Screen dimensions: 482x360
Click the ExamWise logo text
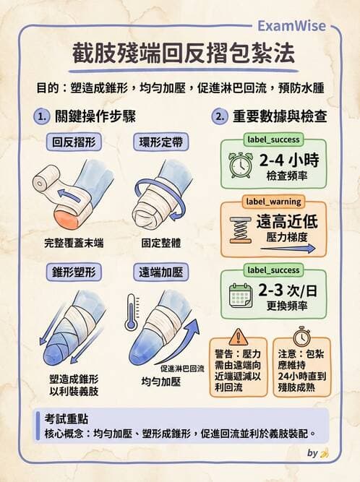point(291,26)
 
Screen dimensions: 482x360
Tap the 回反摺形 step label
point(72,142)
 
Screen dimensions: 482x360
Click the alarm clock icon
point(240,164)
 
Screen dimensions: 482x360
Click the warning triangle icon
point(238,337)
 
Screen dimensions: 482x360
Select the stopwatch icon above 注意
point(302,337)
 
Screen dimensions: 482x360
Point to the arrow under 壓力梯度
point(288,248)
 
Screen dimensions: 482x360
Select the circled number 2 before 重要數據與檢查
point(218,116)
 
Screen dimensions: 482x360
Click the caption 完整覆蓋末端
point(73,244)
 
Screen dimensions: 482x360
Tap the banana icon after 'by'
point(325,454)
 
